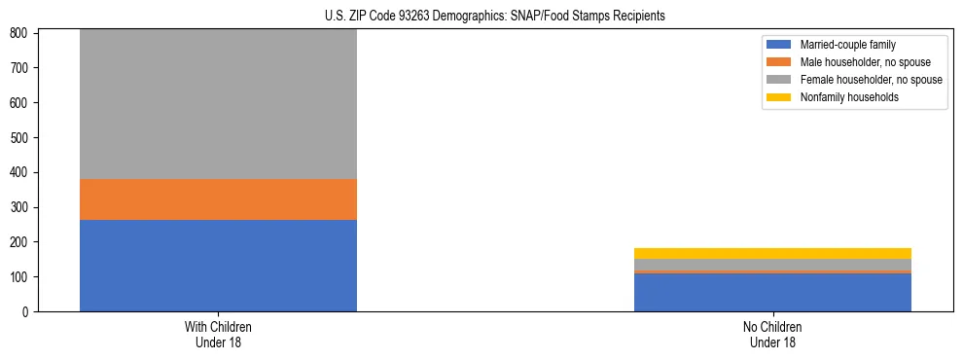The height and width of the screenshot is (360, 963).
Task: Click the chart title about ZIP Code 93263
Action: coord(494,17)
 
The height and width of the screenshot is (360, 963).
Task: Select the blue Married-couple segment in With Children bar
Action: coord(218,266)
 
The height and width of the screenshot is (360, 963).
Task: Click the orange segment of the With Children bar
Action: coord(218,199)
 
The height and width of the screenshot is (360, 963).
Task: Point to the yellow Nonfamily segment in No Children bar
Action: coord(772,254)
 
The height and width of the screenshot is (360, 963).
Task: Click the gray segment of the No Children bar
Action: coord(772,265)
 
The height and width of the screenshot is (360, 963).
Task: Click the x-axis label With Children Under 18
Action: coord(218,334)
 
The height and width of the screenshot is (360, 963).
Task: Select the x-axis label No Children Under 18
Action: coord(772,334)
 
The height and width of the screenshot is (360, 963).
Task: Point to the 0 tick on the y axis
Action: coord(29,312)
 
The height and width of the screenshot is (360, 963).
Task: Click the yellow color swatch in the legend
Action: coord(779,97)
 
